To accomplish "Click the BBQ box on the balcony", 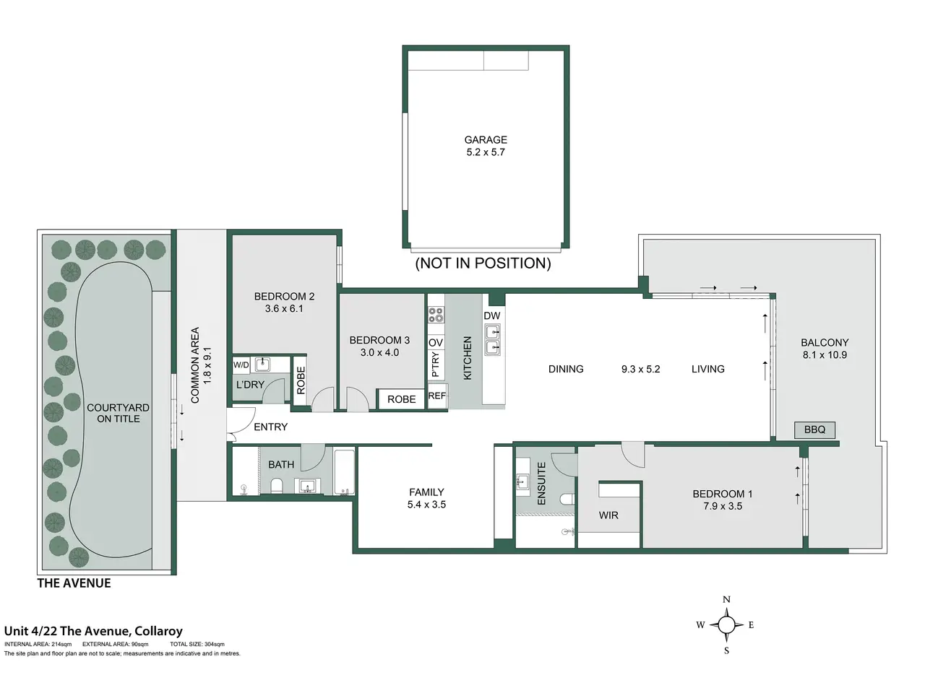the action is (814, 430).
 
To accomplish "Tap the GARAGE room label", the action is (486, 140).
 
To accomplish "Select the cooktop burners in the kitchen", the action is (436, 315).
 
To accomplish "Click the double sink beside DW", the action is (493, 339).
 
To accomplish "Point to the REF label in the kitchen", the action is (437, 396).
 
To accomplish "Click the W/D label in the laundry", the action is (241, 365).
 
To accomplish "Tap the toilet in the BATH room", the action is (277, 485).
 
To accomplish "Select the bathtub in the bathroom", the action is (344, 471).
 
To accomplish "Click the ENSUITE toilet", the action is (568, 500).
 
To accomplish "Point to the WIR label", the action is (608, 515).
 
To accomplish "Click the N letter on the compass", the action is (726, 600).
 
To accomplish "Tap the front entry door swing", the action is (242, 420).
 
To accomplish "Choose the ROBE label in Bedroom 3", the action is (401, 399).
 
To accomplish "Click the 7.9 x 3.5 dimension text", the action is (723, 506).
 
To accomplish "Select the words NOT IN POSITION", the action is (483, 263).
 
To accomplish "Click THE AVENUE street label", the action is (74, 583).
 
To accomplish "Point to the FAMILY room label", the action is (426, 492).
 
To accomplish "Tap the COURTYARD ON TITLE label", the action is (118, 413).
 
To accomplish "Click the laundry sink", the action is (262, 365).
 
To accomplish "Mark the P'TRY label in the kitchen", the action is (436, 365).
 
